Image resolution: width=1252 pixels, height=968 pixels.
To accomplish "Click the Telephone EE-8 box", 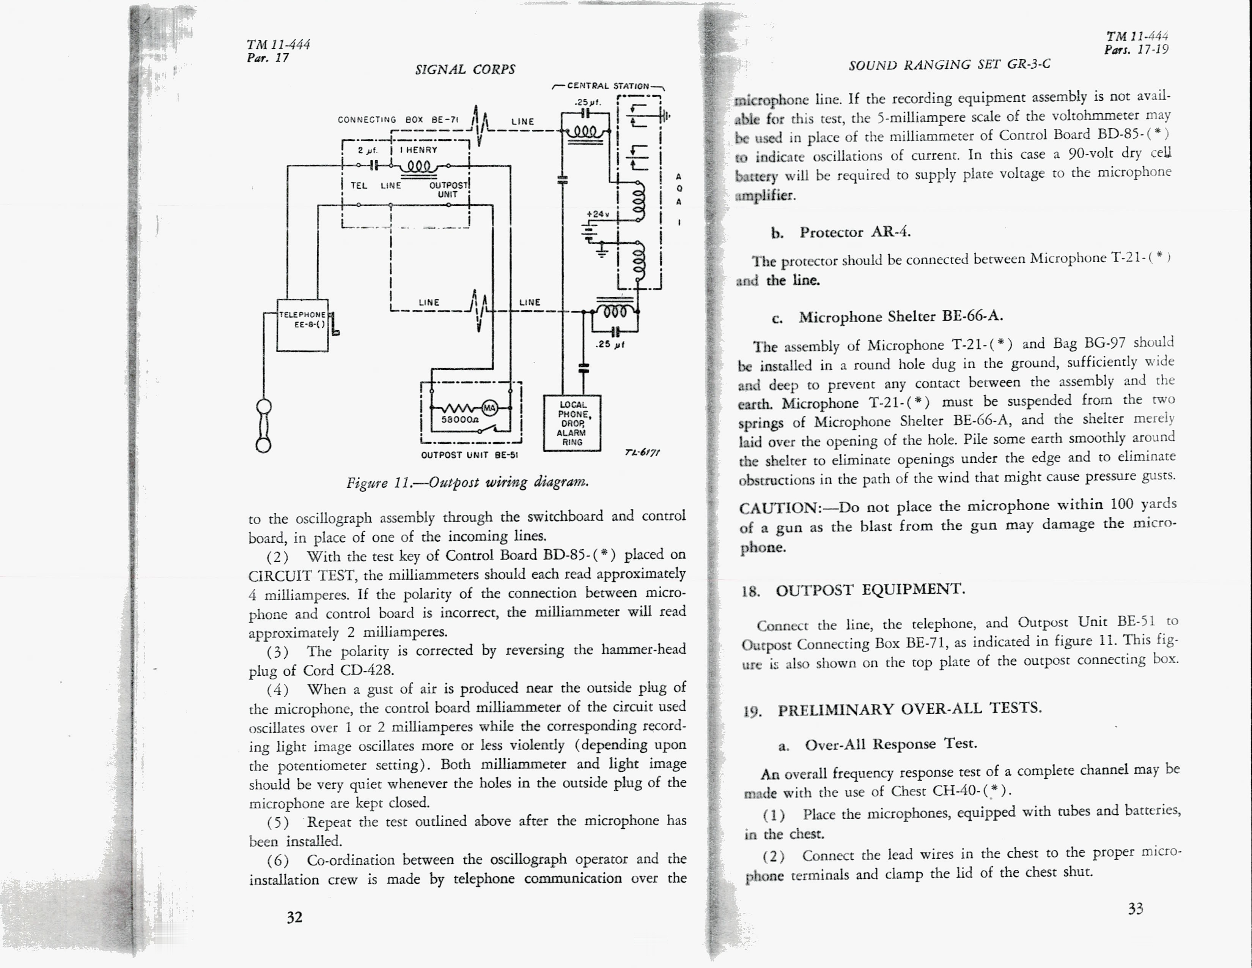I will [x=302, y=325].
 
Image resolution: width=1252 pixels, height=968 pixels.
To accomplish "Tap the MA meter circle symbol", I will [x=489, y=408].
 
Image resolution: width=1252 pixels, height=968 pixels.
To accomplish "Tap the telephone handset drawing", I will [x=264, y=426].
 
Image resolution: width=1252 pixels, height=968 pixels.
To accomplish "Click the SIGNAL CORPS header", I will [x=465, y=69].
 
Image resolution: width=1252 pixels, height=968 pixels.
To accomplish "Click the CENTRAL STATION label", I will [x=608, y=86].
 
